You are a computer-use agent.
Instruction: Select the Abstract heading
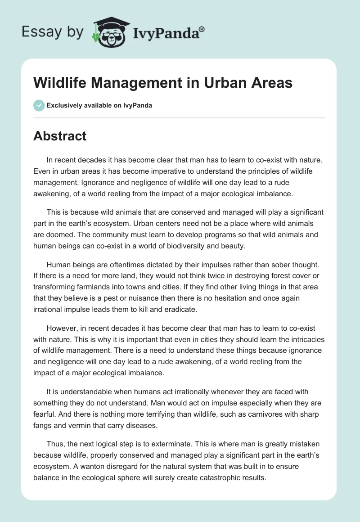(x=60, y=136)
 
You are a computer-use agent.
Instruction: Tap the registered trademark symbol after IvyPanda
(x=202, y=28)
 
